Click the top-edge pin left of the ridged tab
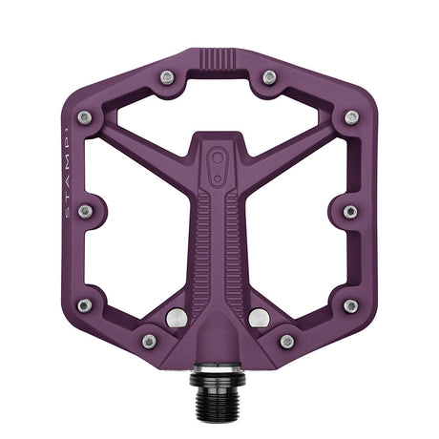coord(167,76)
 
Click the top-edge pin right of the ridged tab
coord(270,76)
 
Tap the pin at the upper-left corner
coord(84,117)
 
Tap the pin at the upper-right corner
coord(352,117)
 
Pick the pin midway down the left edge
coord(85,211)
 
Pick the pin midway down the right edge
coord(351,211)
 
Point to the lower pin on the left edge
coord(85,305)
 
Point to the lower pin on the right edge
coord(351,305)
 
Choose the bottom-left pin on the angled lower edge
coord(149,341)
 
